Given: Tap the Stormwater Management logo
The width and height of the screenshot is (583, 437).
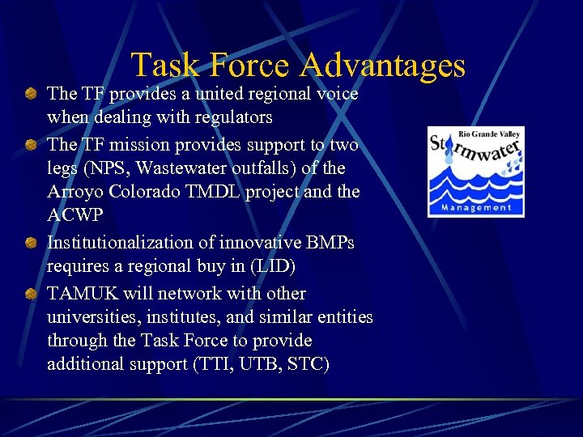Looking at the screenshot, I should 475,172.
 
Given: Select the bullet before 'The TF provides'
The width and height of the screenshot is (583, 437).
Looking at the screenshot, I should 30,95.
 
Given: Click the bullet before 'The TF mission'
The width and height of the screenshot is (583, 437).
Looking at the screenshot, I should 30,146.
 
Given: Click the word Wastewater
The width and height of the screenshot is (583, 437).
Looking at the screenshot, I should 185,168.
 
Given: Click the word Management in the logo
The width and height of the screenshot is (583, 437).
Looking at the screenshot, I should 475,207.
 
